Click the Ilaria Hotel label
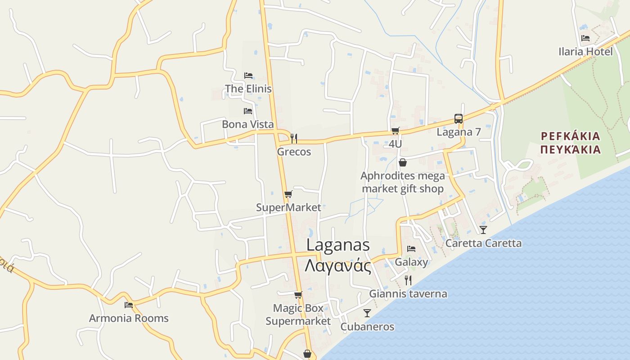[x=585, y=52]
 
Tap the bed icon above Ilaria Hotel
[x=585, y=38]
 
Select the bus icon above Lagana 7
[x=459, y=119]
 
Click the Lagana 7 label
[x=459, y=132]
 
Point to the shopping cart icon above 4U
[x=395, y=131]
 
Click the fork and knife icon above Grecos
[x=294, y=138]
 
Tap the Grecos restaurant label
[x=294, y=152]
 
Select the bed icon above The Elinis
[x=248, y=75]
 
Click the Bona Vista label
[x=248, y=124]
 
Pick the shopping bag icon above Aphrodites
[x=403, y=162]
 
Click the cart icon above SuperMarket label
[x=288, y=194]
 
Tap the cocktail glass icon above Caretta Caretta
[x=483, y=230]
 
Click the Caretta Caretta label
[x=483, y=243]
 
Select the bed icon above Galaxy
[x=411, y=248]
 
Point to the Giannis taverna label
[x=408, y=294]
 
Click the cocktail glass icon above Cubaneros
[x=367, y=313]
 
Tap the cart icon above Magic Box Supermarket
[x=298, y=295]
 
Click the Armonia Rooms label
[x=129, y=318]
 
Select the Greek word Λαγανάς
[x=338, y=265]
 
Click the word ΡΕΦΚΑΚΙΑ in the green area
[x=571, y=136]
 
